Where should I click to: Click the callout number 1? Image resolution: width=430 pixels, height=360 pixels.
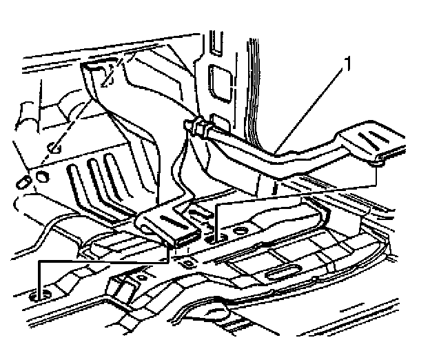(349, 67)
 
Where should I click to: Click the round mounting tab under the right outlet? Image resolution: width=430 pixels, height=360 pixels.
(378, 163)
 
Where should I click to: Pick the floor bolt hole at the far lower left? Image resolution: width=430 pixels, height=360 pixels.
(39, 295)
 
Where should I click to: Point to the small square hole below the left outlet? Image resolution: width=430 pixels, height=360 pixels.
(185, 263)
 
